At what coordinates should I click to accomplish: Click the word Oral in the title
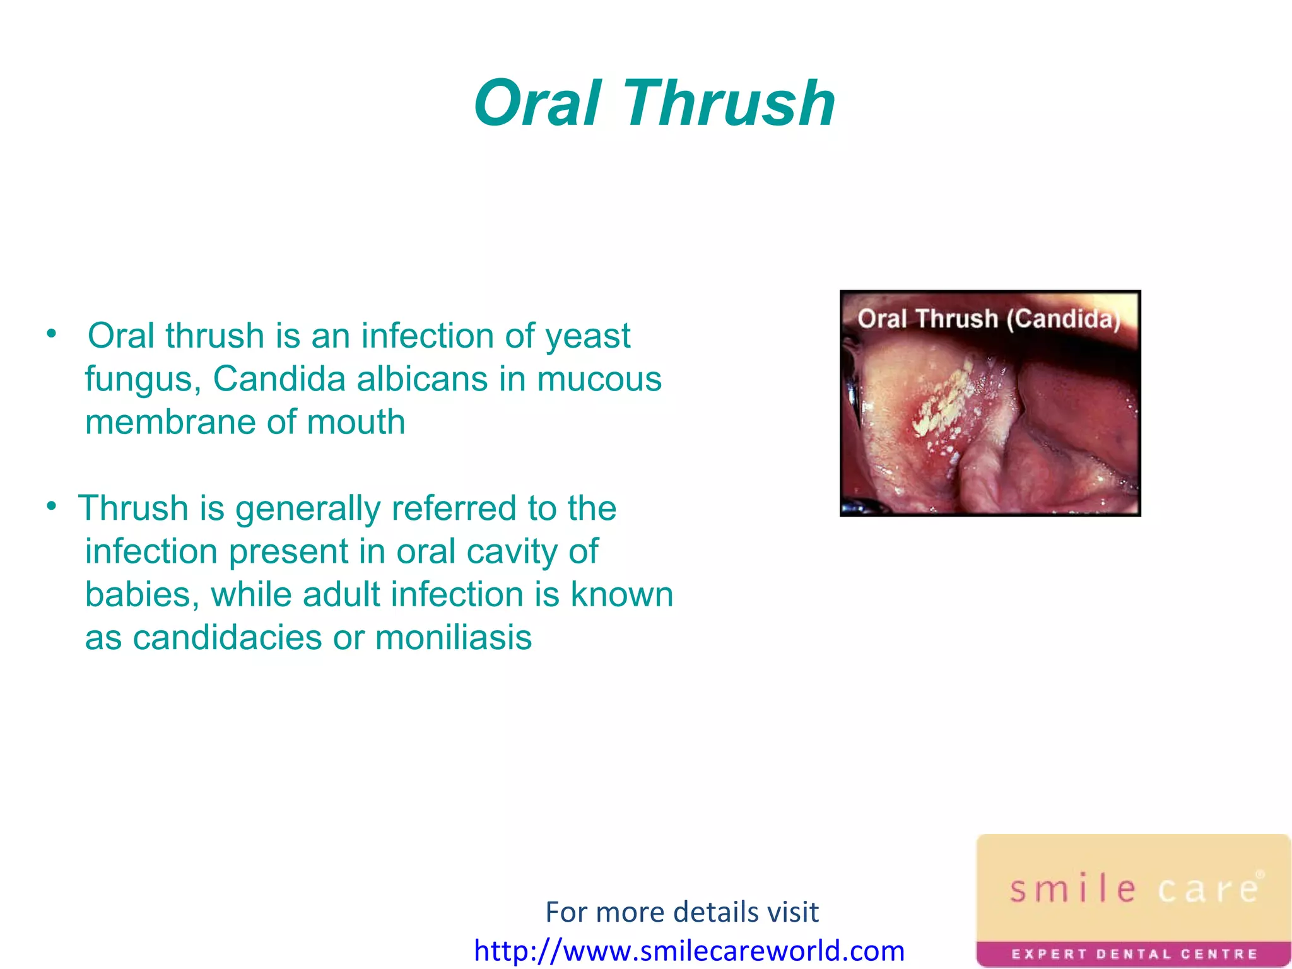[x=537, y=103]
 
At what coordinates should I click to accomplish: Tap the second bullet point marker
[x=52, y=506]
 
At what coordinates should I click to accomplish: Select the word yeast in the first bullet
[x=587, y=336]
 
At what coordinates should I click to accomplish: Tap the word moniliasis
[x=453, y=638]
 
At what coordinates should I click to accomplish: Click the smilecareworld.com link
[x=689, y=950]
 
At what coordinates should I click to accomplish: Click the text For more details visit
[x=681, y=912]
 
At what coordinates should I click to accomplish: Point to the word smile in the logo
[x=1072, y=889]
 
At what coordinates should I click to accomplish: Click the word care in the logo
[x=1208, y=889]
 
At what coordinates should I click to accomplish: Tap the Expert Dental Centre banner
[x=1134, y=954]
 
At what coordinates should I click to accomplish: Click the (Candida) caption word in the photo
[x=1064, y=319]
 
